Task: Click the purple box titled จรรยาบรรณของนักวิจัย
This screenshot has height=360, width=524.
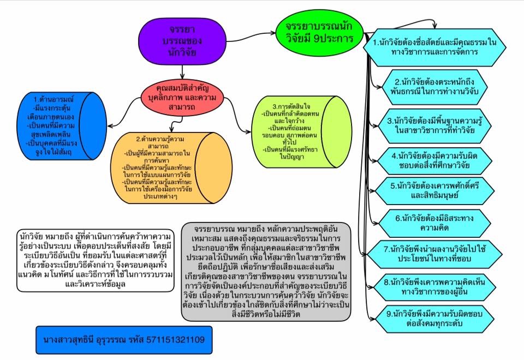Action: (x=175, y=39)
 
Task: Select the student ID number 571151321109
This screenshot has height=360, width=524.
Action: (x=175, y=339)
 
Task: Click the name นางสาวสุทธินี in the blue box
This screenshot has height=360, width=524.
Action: (x=69, y=339)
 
